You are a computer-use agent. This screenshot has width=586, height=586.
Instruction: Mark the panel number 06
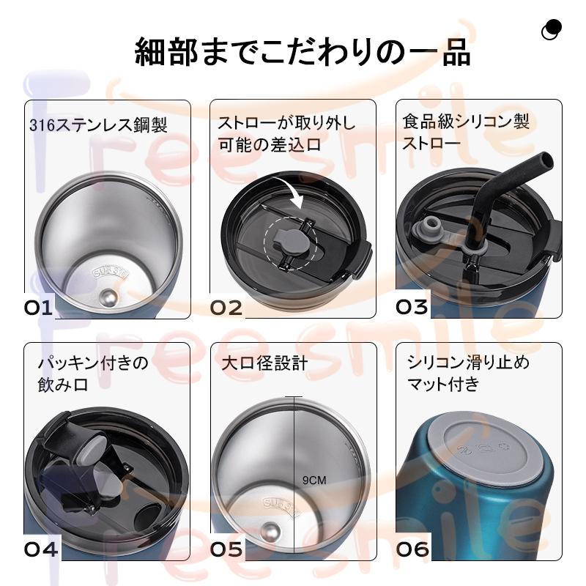pyautogui.click(x=412, y=548)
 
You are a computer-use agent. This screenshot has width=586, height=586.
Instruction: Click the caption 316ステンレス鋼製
pyautogui.click(x=98, y=125)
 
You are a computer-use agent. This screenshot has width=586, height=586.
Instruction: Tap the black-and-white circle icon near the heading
pyautogui.click(x=551, y=29)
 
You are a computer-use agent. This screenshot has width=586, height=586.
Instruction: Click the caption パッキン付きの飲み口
pyautogui.click(x=92, y=373)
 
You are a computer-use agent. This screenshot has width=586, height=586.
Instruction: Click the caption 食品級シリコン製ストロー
pyautogui.click(x=466, y=131)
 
